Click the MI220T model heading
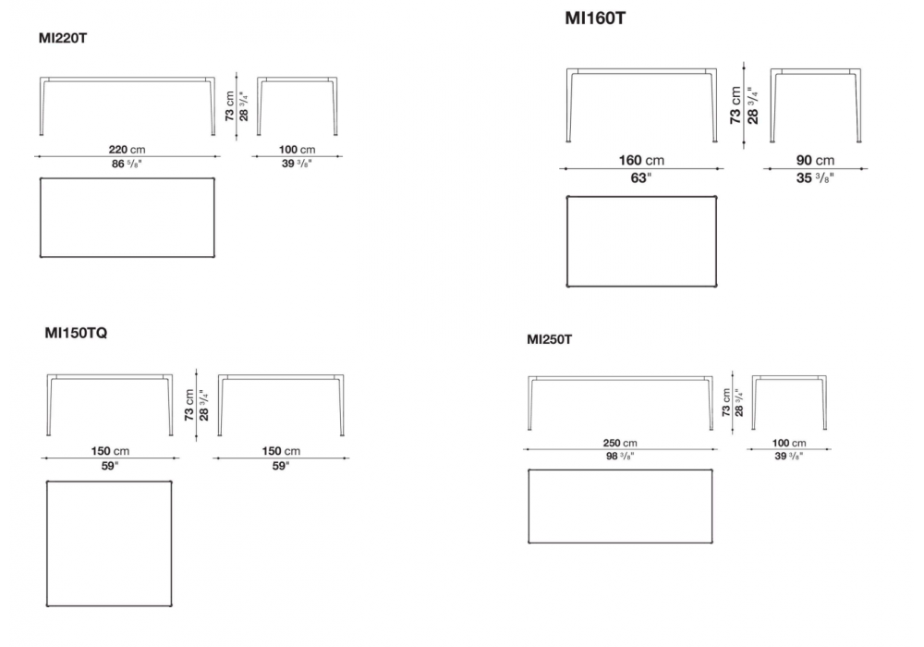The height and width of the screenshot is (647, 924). click(63, 38)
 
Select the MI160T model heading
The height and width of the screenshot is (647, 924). click(595, 18)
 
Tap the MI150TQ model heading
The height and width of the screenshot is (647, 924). click(76, 333)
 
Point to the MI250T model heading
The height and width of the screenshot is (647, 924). click(549, 339)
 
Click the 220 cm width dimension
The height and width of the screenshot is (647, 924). click(127, 150)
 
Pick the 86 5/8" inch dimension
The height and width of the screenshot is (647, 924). click(127, 164)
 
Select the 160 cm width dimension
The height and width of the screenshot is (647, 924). click(641, 160)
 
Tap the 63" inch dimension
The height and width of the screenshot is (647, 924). click(641, 178)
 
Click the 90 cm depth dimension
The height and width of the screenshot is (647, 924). click(815, 160)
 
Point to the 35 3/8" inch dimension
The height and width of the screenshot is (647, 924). click(815, 178)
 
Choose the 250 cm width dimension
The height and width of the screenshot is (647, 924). click(620, 443)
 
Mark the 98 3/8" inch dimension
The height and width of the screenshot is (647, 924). click(620, 456)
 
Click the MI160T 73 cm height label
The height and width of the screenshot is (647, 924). click(736, 105)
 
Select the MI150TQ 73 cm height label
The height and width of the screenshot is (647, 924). click(189, 405)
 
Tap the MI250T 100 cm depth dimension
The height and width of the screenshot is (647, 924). click(789, 443)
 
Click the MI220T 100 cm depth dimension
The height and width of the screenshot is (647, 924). click(297, 150)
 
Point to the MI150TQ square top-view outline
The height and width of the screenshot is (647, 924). click(109, 543)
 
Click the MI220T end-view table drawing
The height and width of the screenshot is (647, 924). click(297, 106)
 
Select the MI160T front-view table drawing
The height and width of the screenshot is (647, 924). click(642, 104)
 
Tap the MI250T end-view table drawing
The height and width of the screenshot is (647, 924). click(789, 402)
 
